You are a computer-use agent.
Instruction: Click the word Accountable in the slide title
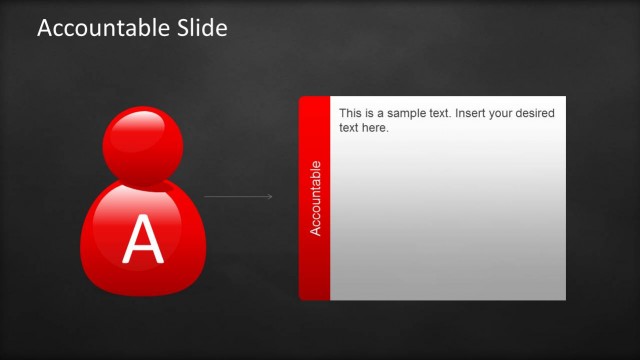click(96, 28)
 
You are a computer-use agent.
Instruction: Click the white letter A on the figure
click(142, 240)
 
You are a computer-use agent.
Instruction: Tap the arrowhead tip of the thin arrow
click(272, 196)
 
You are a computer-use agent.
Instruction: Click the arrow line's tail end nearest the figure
click(205, 196)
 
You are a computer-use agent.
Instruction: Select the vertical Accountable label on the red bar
click(315, 198)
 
